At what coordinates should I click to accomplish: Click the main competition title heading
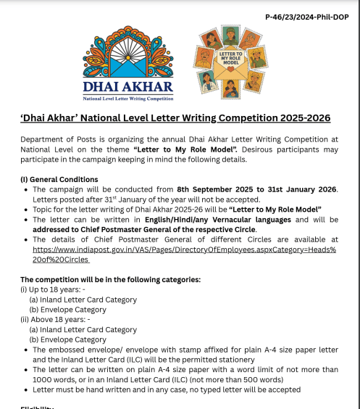click(x=175, y=117)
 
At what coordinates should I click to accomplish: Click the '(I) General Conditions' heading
click(x=59, y=179)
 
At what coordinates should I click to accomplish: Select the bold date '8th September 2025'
click(x=216, y=189)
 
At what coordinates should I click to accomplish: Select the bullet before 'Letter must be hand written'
click(x=25, y=389)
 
